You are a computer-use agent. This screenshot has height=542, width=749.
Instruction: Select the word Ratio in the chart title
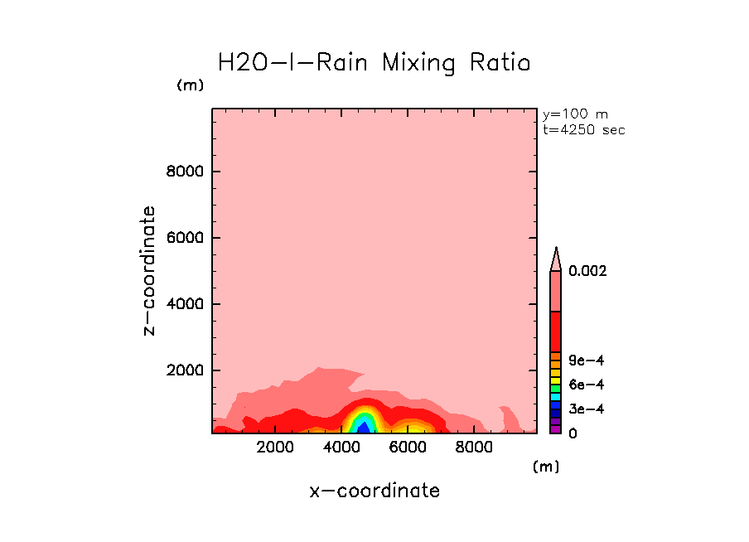pyautogui.click(x=498, y=63)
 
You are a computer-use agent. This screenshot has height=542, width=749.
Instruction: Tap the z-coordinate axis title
pyautogui.click(x=149, y=271)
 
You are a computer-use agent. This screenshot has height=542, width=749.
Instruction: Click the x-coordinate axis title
pyautogui.click(x=374, y=491)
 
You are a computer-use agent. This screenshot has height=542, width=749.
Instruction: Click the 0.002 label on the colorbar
pyautogui.click(x=587, y=271)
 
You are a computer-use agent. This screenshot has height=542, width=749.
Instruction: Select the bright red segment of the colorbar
pyautogui.click(x=557, y=331)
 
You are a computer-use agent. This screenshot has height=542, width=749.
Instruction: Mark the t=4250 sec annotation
pyautogui.click(x=583, y=129)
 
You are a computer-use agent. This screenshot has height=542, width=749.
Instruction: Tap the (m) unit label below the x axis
pyautogui.click(x=545, y=467)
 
